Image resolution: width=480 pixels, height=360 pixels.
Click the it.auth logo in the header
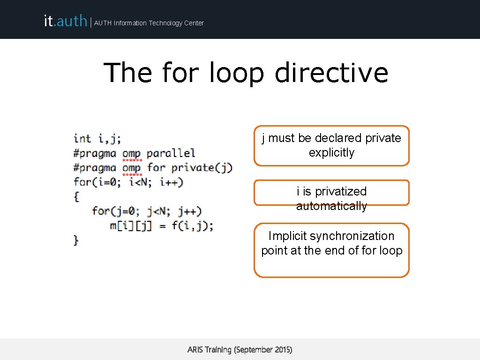tap(65, 21)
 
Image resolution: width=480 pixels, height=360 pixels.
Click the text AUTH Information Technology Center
tap(149, 23)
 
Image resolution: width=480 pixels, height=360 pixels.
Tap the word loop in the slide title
tap(237, 73)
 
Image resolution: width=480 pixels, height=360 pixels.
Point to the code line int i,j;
tap(97, 138)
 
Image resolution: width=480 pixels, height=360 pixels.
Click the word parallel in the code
tap(171, 153)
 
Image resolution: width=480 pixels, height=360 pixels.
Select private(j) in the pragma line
tap(202, 167)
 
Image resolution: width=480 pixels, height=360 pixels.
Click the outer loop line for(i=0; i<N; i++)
tap(128, 182)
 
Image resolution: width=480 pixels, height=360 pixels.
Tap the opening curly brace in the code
tap(76, 196)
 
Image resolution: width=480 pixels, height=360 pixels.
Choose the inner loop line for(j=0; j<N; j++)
tap(147, 211)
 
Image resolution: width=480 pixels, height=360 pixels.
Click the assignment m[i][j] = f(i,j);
tap(161, 225)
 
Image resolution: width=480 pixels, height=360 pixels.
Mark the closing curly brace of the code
tap(76, 240)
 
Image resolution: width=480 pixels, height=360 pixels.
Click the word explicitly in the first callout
tap(331, 153)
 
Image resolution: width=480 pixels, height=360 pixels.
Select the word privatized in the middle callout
tap(340, 191)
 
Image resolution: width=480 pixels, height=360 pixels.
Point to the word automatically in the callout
tap(331, 206)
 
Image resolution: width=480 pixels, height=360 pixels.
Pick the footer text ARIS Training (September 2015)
tap(240, 350)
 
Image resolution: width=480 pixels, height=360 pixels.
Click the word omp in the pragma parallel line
tap(131, 153)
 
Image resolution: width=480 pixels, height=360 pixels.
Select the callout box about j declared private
tap(331, 145)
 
